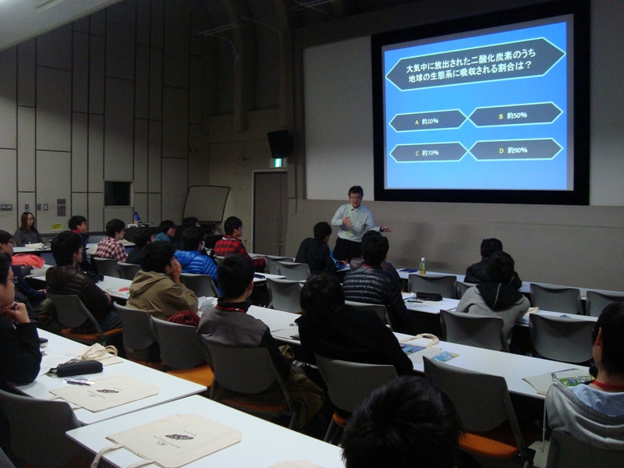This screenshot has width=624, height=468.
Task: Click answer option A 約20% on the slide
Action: click(427, 121)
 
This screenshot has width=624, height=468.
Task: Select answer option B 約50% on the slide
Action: click(516, 115)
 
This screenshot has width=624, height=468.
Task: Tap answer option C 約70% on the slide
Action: click(427, 152)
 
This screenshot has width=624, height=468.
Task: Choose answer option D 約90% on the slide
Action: click(516, 150)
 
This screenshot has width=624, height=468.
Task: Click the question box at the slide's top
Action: click(475, 65)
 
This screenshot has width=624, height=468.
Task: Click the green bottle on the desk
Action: click(422, 266)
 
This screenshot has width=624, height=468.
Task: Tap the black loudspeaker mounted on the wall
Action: click(280, 144)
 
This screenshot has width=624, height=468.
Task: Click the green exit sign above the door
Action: click(278, 163)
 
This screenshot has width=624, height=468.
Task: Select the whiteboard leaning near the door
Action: click(206, 204)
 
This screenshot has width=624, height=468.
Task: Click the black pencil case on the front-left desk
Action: click(79, 367)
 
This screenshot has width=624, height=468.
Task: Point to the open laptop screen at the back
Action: click(137, 218)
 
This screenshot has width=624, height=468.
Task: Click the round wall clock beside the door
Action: click(243, 158)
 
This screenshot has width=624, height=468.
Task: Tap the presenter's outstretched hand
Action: click(385, 229)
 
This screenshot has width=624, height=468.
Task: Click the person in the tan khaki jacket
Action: click(161, 286)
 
